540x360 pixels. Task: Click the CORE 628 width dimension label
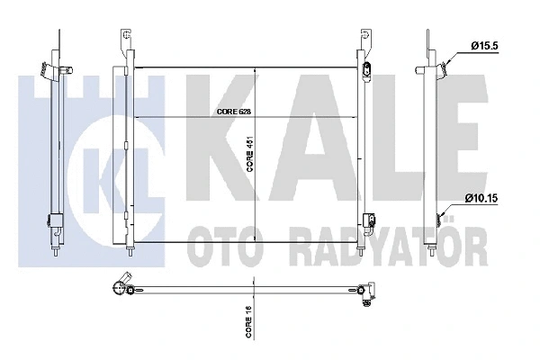pos(234,112)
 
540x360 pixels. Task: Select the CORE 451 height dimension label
pos(249,153)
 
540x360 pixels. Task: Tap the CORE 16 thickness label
pos(249,322)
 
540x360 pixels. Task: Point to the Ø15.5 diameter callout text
pos(485,46)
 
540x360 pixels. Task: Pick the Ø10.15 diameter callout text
pos(481,198)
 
